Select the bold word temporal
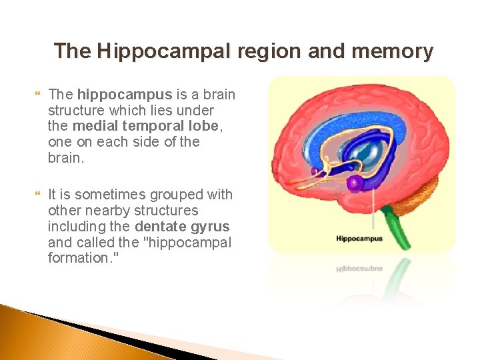coord(150,125)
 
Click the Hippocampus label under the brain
coord(359,239)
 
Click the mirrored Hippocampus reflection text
coord(359,268)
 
